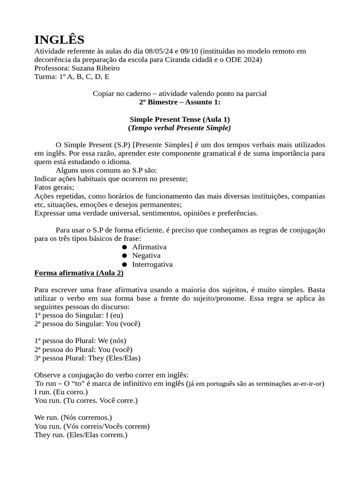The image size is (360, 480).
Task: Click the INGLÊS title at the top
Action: tap(60, 39)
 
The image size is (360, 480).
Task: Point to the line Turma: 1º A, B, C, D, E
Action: tap(72, 76)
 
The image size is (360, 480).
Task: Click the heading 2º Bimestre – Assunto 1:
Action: tap(180, 102)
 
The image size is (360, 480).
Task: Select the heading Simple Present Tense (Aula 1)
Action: tap(180, 119)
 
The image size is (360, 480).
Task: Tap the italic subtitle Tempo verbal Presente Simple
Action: tap(180, 127)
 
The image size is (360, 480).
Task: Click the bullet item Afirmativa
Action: tap(149, 247)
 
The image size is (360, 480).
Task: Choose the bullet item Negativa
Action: tap(146, 255)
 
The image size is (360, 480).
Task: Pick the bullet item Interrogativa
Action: tap(152, 264)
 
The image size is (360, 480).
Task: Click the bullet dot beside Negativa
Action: tap(124, 256)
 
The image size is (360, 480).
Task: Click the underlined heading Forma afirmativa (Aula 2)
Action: tap(79, 273)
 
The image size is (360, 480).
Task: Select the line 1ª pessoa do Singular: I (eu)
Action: tap(78, 315)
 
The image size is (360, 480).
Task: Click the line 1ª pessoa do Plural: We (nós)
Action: tap(80, 341)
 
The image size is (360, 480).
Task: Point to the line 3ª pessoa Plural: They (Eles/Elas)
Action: tap(87, 358)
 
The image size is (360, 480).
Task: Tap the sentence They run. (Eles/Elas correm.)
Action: tap(81, 435)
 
